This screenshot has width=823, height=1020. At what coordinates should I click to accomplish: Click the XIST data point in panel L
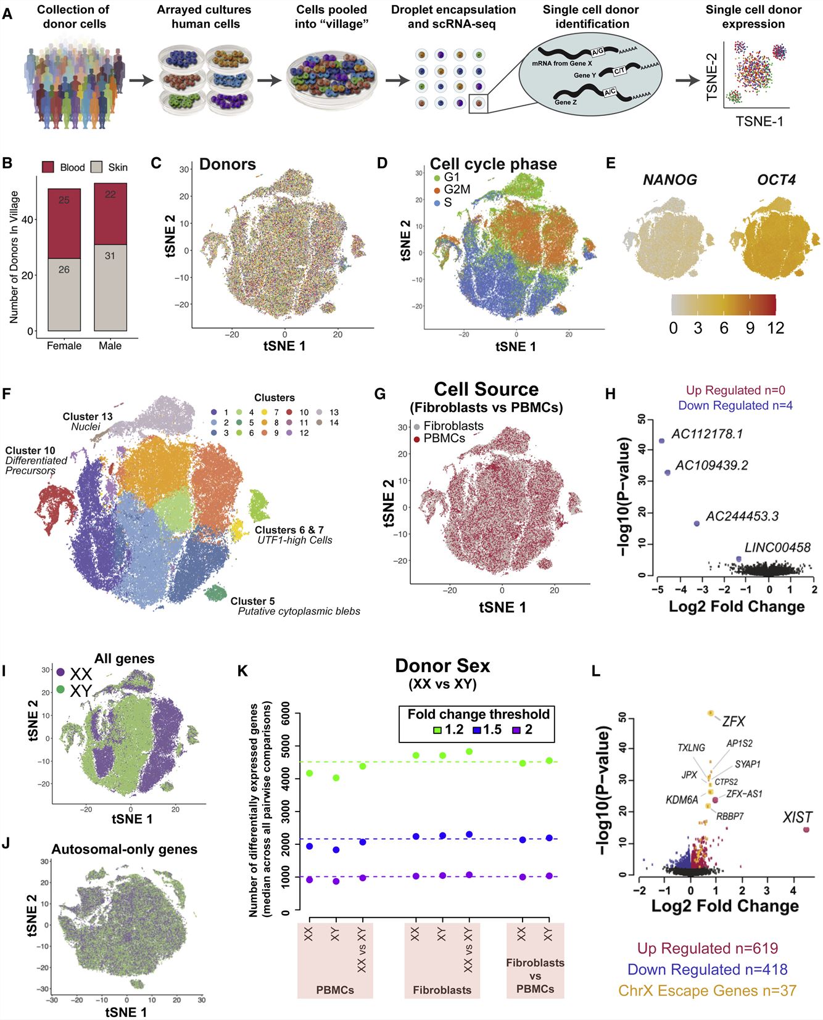(x=806, y=829)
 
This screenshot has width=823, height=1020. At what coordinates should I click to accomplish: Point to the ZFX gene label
(x=734, y=721)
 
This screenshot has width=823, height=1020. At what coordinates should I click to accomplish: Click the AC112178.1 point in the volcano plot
(x=662, y=441)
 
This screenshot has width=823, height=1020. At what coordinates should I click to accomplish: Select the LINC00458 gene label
(x=777, y=547)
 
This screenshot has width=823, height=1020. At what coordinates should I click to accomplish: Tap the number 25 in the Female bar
(x=64, y=200)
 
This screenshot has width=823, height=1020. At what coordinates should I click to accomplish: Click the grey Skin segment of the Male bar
(x=110, y=287)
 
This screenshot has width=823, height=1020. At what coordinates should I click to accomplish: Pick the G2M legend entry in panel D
(x=456, y=189)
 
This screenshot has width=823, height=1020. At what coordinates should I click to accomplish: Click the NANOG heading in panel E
(x=669, y=180)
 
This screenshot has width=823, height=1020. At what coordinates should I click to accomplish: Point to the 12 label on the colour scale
(x=775, y=328)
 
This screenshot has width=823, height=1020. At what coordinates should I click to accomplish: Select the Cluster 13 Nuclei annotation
(x=88, y=421)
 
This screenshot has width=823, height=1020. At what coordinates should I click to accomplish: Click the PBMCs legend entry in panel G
(x=444, y=438)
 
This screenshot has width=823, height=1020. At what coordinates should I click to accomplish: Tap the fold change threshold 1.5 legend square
(x=476, y=730)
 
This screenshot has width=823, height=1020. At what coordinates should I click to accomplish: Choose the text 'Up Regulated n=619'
(x=707, y=948)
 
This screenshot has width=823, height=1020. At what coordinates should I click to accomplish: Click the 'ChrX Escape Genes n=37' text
(x=707, y=990)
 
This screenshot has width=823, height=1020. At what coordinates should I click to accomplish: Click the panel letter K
(x=242, y=671)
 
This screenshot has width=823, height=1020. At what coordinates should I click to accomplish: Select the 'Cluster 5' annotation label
(x=252, y=601)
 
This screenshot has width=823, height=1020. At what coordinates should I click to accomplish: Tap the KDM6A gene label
(x=682, y=800)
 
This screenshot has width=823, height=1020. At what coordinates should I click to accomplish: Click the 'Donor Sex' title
(x=442, y=666)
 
